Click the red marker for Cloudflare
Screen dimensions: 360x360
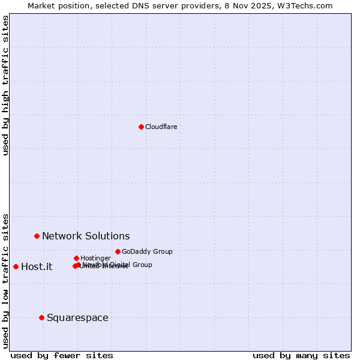click(141, 127)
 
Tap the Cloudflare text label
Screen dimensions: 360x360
click(161, 127)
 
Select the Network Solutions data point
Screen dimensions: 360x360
click(37, 236)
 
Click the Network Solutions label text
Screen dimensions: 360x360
click(86, 236)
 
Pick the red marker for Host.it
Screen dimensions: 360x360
click(16, 266)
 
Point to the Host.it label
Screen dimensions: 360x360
click(37, 267)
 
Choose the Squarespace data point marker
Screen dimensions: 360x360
click(41, 317)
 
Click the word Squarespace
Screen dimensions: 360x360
click(77, 318)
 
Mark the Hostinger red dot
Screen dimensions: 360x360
click(76, 258)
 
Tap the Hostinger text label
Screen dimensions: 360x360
click(95, 258)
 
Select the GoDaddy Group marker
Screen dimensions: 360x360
click(118, 251)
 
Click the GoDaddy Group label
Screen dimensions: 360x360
click(147, 251)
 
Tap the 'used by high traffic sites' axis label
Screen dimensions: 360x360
click(5, 85)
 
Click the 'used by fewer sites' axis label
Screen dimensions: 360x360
click(62, 355)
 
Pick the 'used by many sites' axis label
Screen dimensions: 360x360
click(301, 355)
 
